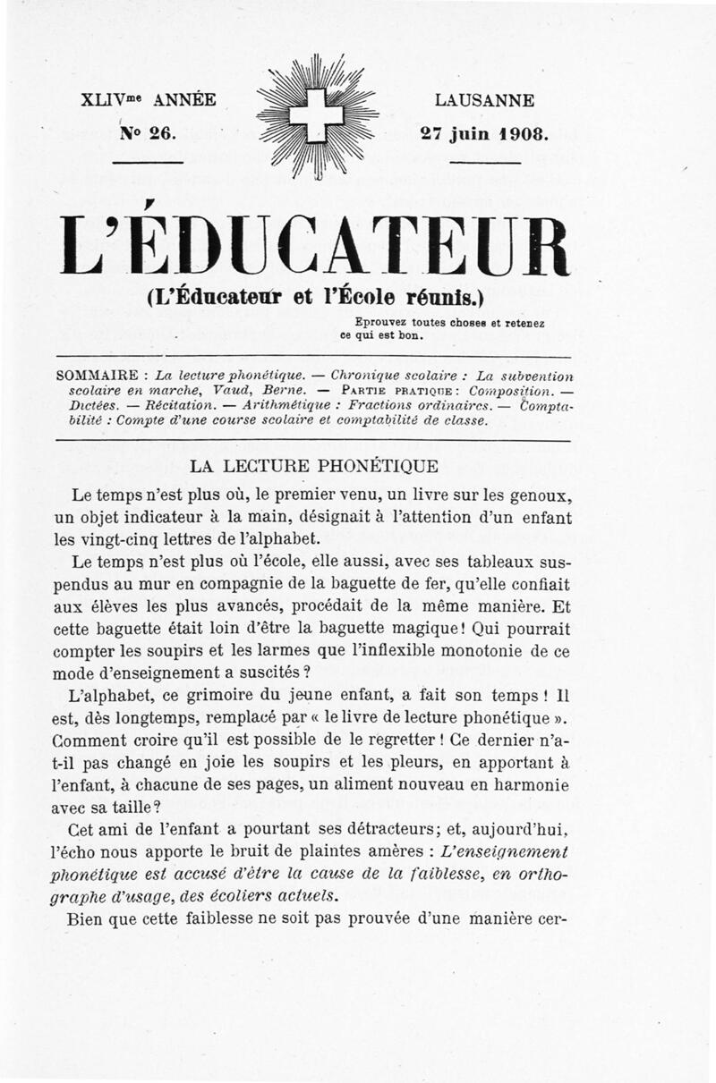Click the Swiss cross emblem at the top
[x=318, y=116]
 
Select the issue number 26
[x=163, y=132]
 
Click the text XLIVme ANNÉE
[x=148, y=100]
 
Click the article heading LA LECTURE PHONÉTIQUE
[x=313, y=466]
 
